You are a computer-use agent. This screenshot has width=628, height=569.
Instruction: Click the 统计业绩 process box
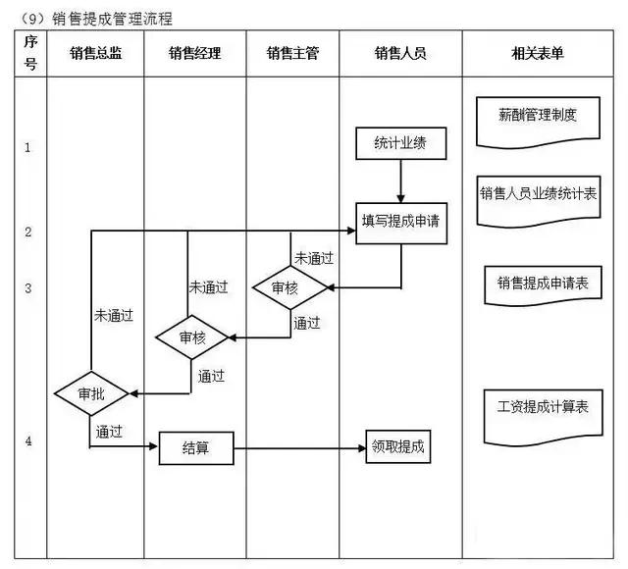pos(401,145)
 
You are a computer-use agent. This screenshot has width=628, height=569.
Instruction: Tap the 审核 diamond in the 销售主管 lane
pos(289,287)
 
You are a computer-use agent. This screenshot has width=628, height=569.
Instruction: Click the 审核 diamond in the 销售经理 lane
pos(193,337)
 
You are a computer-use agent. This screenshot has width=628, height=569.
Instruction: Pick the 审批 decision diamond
pos(90,394)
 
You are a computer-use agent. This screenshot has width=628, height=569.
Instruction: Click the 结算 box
pos(196,447)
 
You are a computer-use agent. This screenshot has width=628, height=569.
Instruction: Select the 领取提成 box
pos(398,446)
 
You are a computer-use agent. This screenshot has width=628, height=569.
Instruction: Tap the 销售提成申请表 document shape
pos(543,284)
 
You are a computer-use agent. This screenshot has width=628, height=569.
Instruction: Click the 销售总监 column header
pos(96,54)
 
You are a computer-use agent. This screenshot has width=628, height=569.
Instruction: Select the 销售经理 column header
pos(194,54)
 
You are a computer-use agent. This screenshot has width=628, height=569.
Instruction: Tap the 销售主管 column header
pos(292,54)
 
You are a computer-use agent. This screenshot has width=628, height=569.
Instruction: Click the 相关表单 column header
pos(545,54)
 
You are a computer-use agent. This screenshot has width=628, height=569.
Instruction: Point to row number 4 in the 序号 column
pos(28,441)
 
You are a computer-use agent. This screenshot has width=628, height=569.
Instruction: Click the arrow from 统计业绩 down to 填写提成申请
pos(401,181)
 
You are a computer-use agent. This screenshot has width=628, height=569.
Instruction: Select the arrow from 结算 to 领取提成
pos(299,447)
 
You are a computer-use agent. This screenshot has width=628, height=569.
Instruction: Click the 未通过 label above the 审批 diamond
pos(114,317)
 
